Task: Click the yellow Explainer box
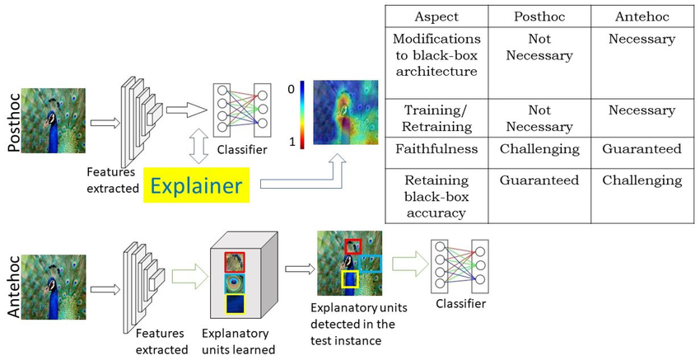195,186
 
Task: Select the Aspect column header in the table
436,16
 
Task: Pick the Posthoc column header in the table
539,16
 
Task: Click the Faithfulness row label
436,149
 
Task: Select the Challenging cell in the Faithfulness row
539,149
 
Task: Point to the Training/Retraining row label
436,119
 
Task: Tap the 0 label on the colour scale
290,87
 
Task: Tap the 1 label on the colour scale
290,142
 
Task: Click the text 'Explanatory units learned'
237,341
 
